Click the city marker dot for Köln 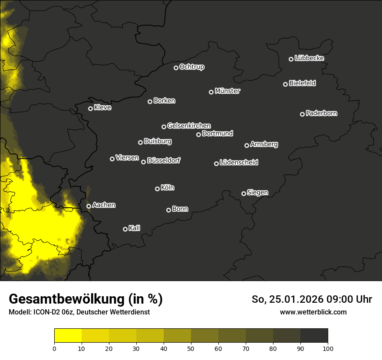tap(157, 189)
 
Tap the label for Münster tap(227, 91)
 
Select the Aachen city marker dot tap(89, 206)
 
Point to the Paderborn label tap(321, 113)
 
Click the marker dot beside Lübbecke tap(291, 59)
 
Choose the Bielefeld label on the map tap(302, 83)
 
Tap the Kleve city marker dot tap(90, 108)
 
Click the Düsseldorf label tap(164, 160)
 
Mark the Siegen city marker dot tap(244, 193)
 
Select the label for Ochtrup tap(191, 67)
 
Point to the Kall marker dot tap(125, 229)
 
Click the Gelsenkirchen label tap(189, 126)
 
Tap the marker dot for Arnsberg tap(247, 145)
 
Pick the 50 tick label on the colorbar tap(191, 348)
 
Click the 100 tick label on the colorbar tap(328, 348)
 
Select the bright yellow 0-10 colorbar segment tap(68, 336)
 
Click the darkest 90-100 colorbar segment tap(314, 336)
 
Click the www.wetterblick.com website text tap(313, 312)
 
